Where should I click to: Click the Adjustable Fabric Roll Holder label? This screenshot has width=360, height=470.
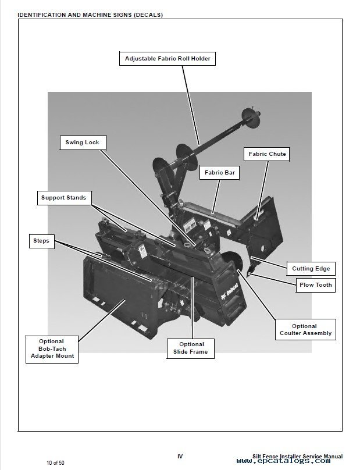(x=167, y=59)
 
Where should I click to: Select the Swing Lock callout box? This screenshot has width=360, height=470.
(x=82, y=143)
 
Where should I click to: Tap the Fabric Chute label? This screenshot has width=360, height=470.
(x=267, y=154)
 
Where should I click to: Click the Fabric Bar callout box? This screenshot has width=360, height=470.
(x=219, y=173)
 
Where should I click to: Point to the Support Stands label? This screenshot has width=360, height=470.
(x=63, y=198)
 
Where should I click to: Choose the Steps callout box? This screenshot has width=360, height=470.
(x=41, y=241)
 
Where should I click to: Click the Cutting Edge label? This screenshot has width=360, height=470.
(x=311, y=269)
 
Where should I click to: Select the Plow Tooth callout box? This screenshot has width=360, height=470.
(x=315, y=285)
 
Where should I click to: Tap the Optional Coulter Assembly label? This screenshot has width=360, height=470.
(x=305, y=330)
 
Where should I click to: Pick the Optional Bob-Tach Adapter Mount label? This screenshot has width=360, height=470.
(x=52, y=348)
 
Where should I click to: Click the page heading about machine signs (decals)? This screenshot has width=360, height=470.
(x=90, y=15)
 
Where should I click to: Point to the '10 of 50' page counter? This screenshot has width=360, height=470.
(x=56, y=463)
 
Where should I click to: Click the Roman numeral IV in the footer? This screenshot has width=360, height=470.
(x=180, y=457)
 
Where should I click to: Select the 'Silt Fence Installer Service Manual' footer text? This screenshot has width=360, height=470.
(x=298, y=457)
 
